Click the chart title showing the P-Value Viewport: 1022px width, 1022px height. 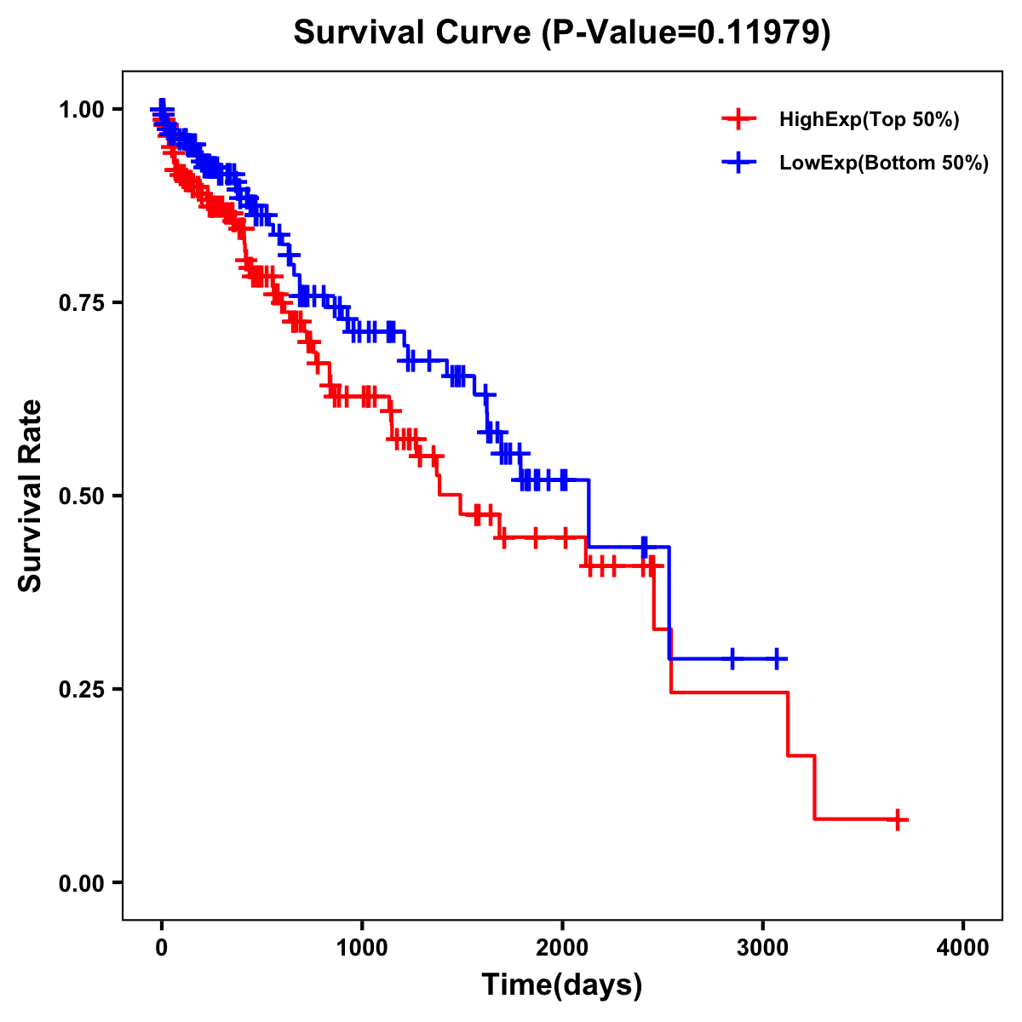[561, 32]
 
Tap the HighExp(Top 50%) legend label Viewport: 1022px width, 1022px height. [870, 120]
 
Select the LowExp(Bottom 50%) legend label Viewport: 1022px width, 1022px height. [884, 164]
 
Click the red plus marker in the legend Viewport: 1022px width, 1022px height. [739, 119]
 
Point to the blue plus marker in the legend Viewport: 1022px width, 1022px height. [739, 163]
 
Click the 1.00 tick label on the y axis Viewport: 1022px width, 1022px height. [80, 109]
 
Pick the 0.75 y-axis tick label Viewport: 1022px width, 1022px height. [80, 302]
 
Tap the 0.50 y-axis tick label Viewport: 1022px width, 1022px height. [80, 496]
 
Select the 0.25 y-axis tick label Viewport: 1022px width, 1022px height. [80, 689]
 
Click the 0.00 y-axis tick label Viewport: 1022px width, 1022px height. [80, 882]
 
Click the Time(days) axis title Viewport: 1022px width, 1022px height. [561, 985]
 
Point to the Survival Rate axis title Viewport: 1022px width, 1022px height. [31, 496]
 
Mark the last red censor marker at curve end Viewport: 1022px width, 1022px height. [898, 820]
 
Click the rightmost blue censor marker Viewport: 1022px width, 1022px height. [776, 659]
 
